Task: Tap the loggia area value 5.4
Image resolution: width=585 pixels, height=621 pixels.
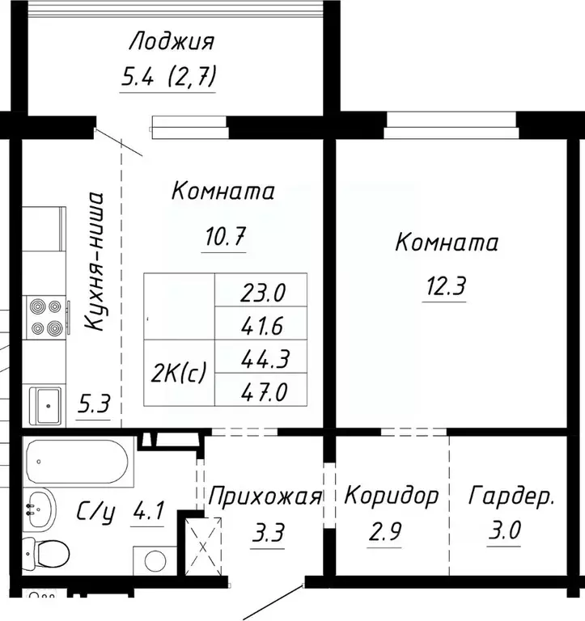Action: pos(136,78)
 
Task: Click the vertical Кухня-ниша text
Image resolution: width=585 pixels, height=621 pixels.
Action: pos(95,260)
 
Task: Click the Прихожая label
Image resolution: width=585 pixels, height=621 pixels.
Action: pos(265,496)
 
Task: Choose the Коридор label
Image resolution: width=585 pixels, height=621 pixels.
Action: pos(392,495)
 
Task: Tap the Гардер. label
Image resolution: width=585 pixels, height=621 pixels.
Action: pos(512,496)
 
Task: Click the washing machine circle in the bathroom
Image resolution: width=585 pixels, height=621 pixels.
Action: pos(153,564)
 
